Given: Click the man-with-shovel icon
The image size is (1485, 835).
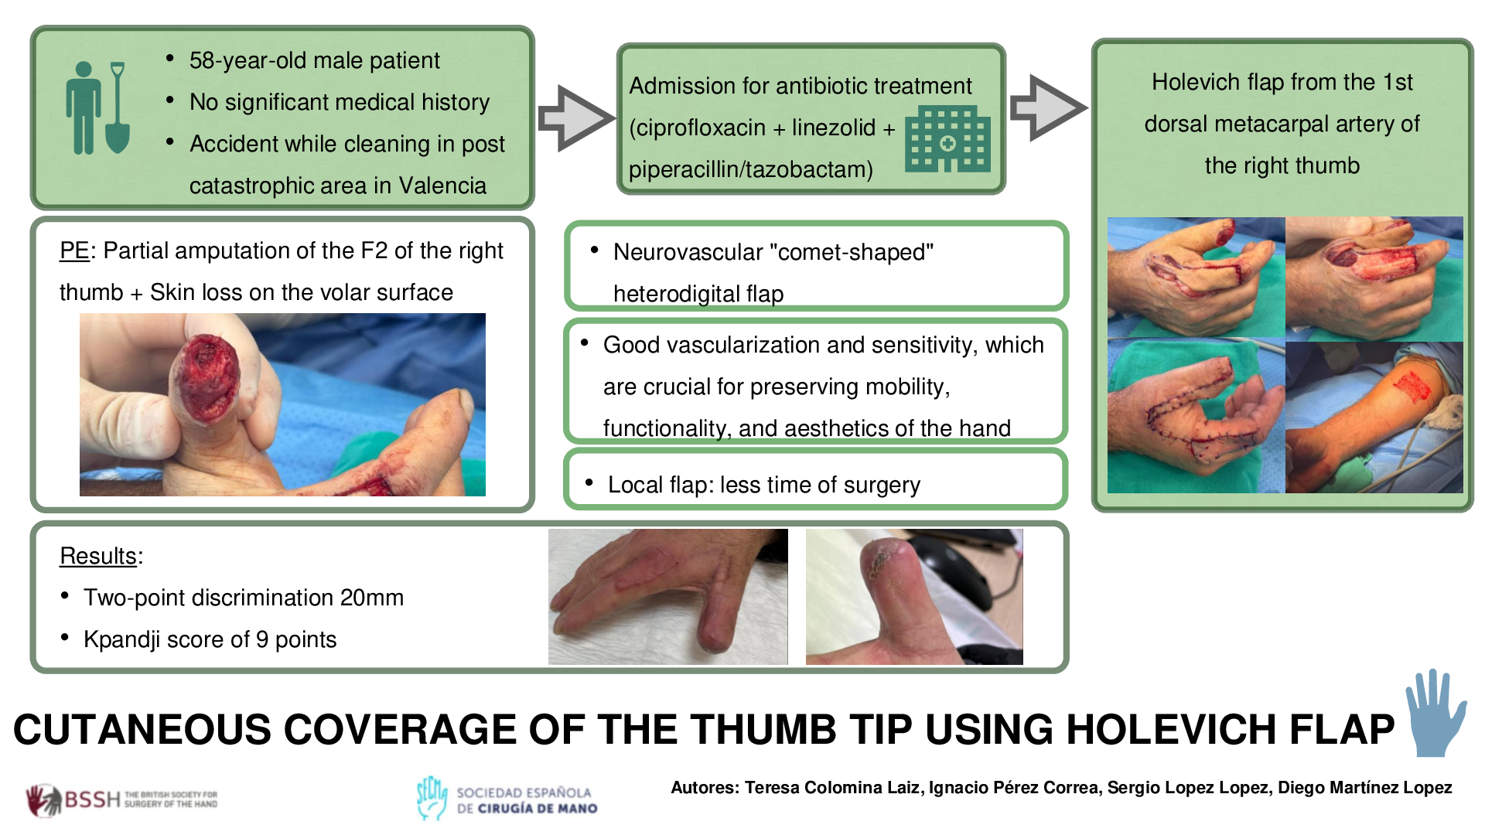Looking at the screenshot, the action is [x=97, y=107].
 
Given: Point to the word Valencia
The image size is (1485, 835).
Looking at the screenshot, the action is [x=442, y=186].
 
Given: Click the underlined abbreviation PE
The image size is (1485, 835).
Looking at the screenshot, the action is [x=74, y=250].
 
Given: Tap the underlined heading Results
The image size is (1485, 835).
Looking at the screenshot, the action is [x=98, y=556].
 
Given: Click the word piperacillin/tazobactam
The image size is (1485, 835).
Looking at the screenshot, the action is [x=751, y=169].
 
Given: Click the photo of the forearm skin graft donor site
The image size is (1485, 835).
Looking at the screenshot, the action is [x=1374, y=417].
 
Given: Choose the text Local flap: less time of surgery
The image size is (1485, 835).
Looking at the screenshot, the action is [x=764, y=485].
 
